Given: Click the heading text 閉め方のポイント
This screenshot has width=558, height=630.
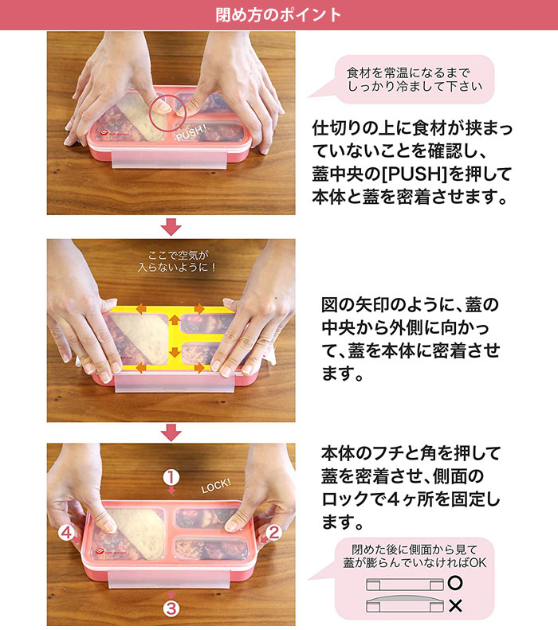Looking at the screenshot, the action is pyautogui.click(x=278, y=15).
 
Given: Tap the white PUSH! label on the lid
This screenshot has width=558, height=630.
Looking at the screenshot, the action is pyautogui.click(x=191, y=133).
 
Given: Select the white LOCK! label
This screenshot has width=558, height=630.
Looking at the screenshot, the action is pyautogui.click(x=216, y=486).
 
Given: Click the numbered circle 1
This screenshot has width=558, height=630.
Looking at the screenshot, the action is pyautogui.click(x=171, y=477).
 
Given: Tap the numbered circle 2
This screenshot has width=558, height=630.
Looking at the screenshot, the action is pyautogui.click(x=273, y=532).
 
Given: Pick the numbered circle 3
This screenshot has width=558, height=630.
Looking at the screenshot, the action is pyautogui.click(x=171, y=608).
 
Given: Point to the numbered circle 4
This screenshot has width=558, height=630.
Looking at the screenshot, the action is pyautogui.click(x=66, y=533).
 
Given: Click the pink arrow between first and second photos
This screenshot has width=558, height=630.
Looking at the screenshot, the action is pyautogui.click(x=171, y=227).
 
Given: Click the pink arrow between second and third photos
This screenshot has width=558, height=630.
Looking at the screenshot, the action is pyautogui.click(x=171, y=432).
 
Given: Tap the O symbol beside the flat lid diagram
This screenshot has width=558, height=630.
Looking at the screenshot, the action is pyautogui.click(x=454, y=582).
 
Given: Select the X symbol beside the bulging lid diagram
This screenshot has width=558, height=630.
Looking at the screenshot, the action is pyautogui.click(x=454, y=606).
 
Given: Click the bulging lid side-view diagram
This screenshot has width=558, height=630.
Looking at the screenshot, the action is pyautogui.click(x=405, y=605).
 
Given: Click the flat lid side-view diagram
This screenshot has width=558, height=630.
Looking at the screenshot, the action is pyautogui.click(x=405, y=585).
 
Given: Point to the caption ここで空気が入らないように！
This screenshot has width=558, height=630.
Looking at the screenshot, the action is pyautogui.click(x=178, y=261).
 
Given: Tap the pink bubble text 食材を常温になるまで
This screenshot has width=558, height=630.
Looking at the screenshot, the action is pyautogui.click(x=408, y=73).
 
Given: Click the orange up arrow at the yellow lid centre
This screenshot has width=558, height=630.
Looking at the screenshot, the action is pyautogui.click(x=174, y=320).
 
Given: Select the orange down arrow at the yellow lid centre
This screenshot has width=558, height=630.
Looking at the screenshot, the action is pyautogui.click(x=174, y=351).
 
